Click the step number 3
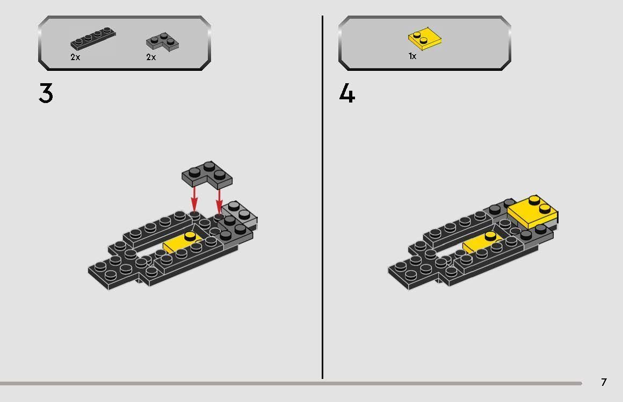pos(46,93)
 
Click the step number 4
pos(347,94)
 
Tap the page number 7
pos(604,382)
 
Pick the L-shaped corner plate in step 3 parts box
pos(162,42)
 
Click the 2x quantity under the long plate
pos(75,57)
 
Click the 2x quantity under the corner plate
pos(151,57)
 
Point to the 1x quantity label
pos(412,56)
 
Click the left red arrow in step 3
pos(194,199)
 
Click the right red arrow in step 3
pos(219,201)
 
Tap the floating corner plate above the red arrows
pos(207,174)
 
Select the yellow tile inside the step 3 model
pos(181,242)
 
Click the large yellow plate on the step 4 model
pos(532,212)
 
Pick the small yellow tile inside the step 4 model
pos(481,242)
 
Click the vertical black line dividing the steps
pos(322,197)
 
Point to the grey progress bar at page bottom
pos(291,383)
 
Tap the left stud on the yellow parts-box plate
pos(417,34)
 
